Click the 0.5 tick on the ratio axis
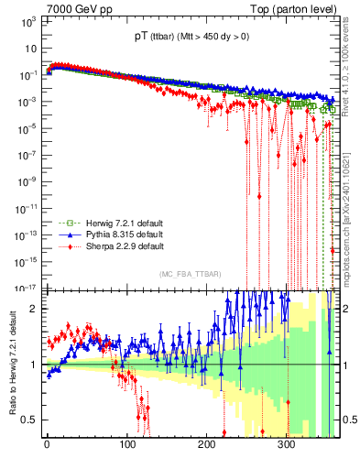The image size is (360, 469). pos(29,420)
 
